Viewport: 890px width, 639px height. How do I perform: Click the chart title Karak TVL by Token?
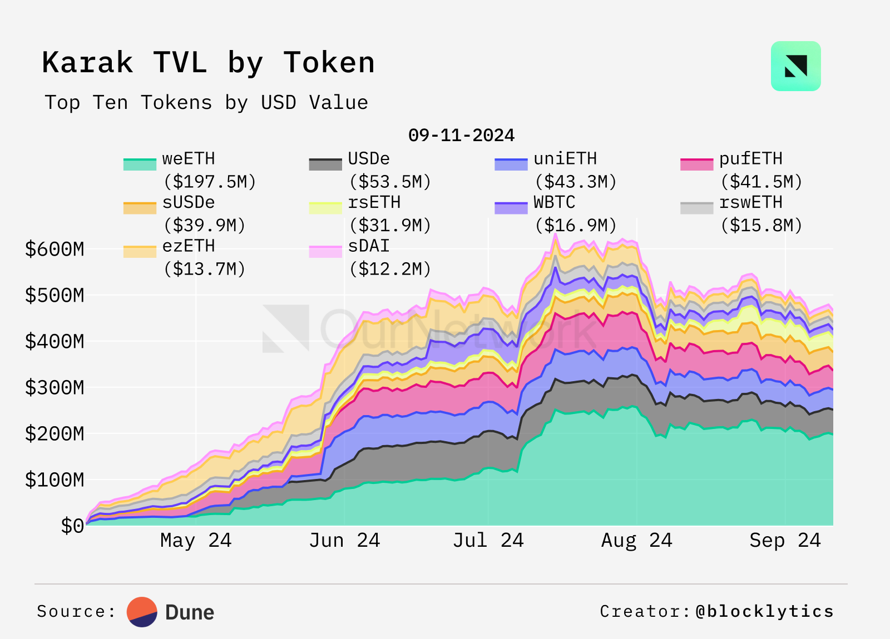pos(208,62)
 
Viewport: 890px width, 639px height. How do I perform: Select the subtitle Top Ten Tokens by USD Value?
pos(206,103)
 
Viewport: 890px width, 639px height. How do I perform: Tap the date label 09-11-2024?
pos(461,135)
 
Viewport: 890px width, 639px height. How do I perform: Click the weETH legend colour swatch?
pos(140,164)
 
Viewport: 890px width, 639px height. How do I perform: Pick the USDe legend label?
pos(369,159)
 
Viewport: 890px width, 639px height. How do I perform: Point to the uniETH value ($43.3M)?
pos(576,182)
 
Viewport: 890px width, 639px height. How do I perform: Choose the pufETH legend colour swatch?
pos(696,164)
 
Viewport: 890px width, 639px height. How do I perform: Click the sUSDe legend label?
pos(189,202)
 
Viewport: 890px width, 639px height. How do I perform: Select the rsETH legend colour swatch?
pos(325,208)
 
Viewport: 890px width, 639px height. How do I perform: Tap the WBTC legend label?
pos(554,202)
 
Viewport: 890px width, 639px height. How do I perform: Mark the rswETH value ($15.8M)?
pos(762,225)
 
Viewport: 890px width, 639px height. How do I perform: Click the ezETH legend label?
pos(189,246)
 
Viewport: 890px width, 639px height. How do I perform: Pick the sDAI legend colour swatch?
pos(325,251)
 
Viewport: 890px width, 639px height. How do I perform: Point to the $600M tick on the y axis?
pos(55,249)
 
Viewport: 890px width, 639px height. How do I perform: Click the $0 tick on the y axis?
pos(72,526)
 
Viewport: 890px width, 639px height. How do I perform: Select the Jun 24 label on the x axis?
pos(344,540)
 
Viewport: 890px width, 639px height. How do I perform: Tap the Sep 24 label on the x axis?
pos(785,540)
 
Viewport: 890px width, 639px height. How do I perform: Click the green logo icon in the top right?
pos(795,66)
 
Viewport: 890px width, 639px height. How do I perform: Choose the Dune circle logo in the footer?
pos(142,612)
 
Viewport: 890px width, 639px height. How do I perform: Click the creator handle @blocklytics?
pos(764,611)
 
